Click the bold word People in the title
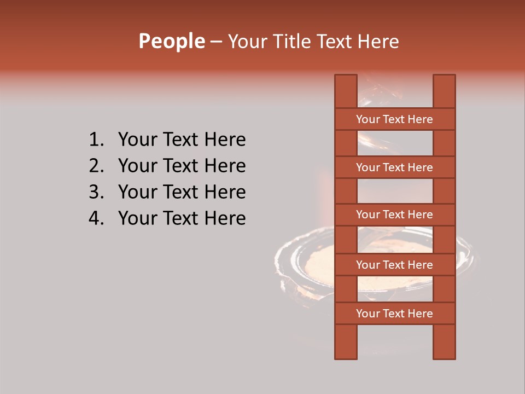(171, 41)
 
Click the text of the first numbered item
(182, 140)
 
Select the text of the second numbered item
(182, 166)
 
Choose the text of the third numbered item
(182, 193)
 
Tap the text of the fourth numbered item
(182, 219)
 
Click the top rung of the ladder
(394, 119)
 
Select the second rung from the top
(394, 167)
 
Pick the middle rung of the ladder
(394, 215)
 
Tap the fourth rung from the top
(394, 265)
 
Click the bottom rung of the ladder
(394, 314)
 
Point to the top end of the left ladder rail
(346, 78)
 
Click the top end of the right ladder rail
(444, 78)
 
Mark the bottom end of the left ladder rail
(346, 356)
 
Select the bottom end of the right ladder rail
(444, 356)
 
